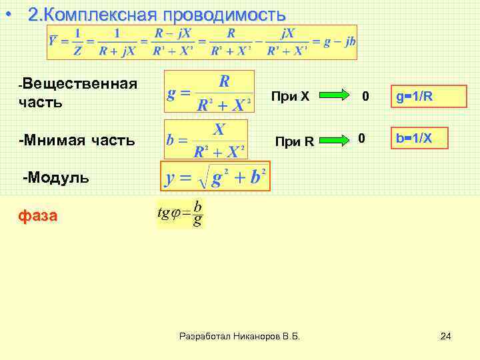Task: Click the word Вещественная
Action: pos(79,83)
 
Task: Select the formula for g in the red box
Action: pos(209,92)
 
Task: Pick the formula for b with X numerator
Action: pos(206,140)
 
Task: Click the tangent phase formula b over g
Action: pos(180,214)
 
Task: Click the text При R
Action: pos(294,141)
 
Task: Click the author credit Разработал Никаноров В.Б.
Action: pos(240,337)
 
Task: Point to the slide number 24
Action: pos(445,336)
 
